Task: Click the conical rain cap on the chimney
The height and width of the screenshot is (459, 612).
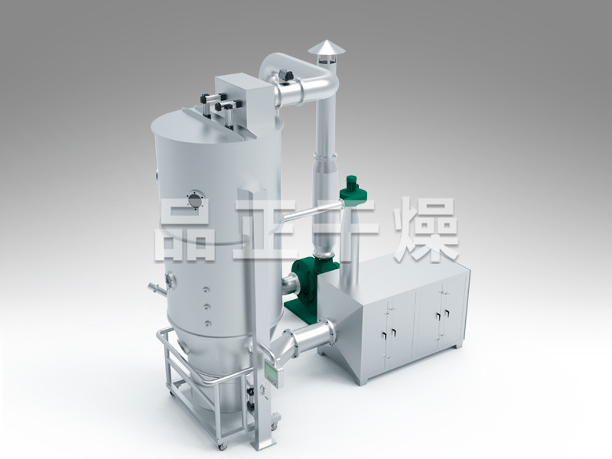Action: pyautogui.click(x=327, y=48)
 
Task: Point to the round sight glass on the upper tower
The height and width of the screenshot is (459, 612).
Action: pyautogui.click(x=195, y=200)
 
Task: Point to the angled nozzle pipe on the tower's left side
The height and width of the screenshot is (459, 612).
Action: pyautogui.click(x=158, y=288)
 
